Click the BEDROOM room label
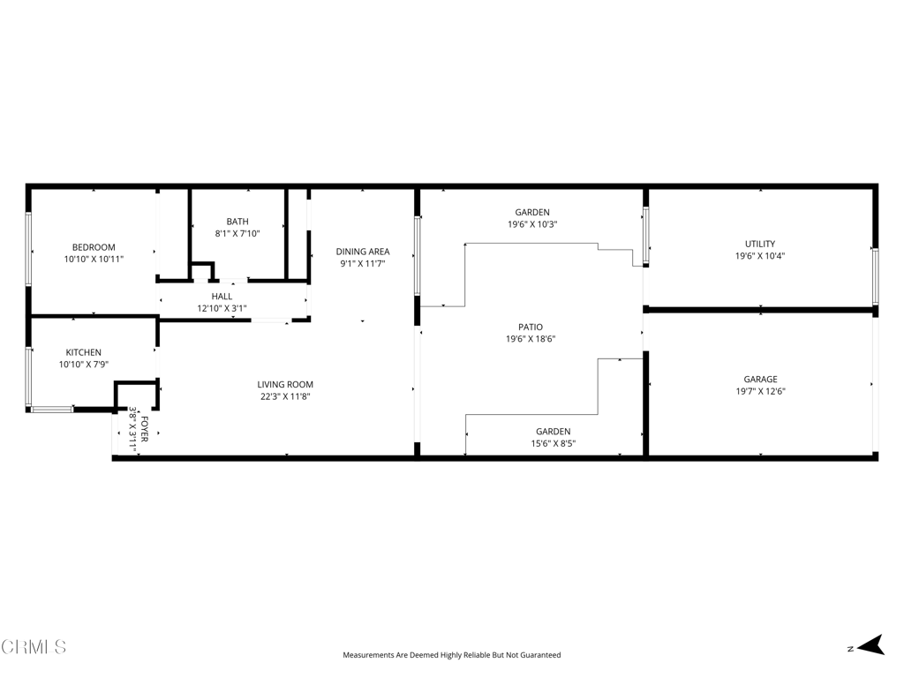pyautogui.click(x=94, y=247)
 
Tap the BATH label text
pyautogui.click(x=237, y=222)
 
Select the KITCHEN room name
pyautogui.click(x=84, y=352)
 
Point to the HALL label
pyautogui.click(x=222, y=297)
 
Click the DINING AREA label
pyautogui.click(x=363, y=252)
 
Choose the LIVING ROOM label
pyautogui.click(x=285, y=385)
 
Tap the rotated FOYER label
pyautogui.click(x=144, y=429)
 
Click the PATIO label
pyautogui.click(x=531, y=327)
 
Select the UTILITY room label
pyautogui.click(x=760, y=244)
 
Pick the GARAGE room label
pyautogui.click(x=760, y=380)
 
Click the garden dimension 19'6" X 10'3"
pyautogui.click(x=532, y=224)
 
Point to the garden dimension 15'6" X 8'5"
pyautogui.click(x=554, y=443)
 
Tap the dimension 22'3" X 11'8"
pyautogui.click(x=285, y=396)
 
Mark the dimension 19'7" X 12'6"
pyautogui.click(x=760, y=391)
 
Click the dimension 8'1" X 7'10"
pyautogui.click(x=237, y=233)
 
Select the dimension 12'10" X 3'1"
pyautogui.click(x=222, y=308)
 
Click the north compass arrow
pyautogui.click(x=870, y=645)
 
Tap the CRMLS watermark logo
pyautogui.click(x=34, y=647)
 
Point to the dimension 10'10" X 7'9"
pyautogui.click(x=84, y=365)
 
